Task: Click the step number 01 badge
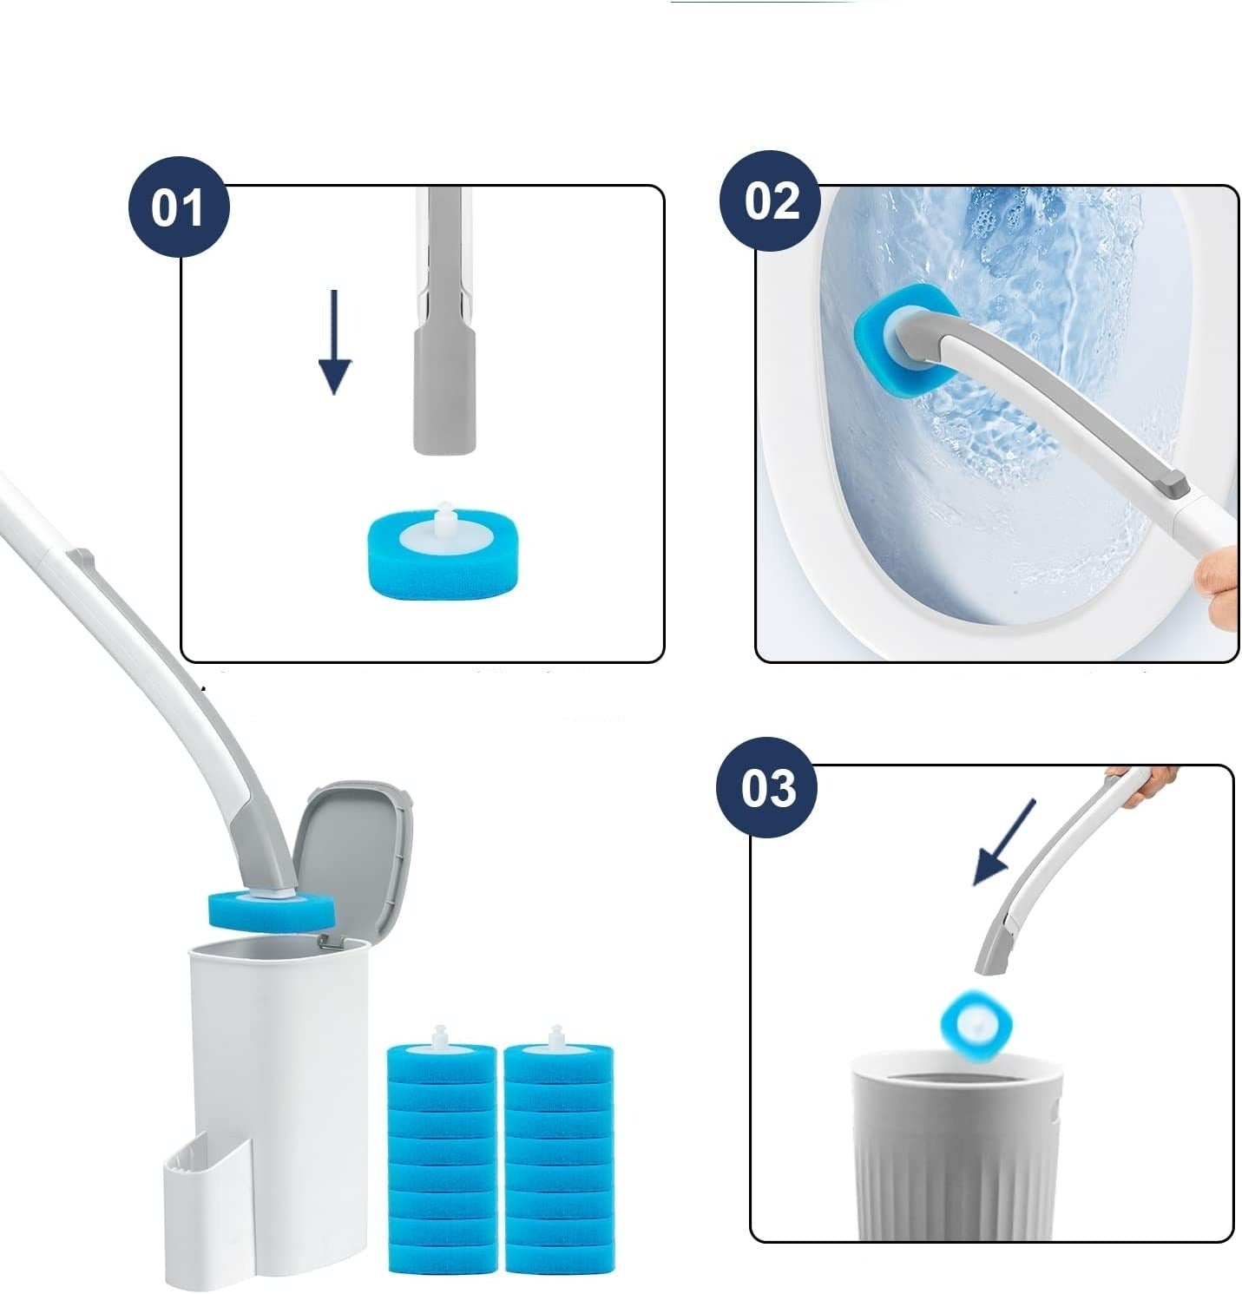coord(179,207)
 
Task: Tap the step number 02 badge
coord(772,201)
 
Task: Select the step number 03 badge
coord(767,788)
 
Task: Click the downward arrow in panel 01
coord(334,342)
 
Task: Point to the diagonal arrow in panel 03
coord(1004,843)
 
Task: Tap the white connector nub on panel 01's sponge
coord(444,516)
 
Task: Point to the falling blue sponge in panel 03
coord(978,1028)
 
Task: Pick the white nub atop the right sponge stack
coord(556,1035)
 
